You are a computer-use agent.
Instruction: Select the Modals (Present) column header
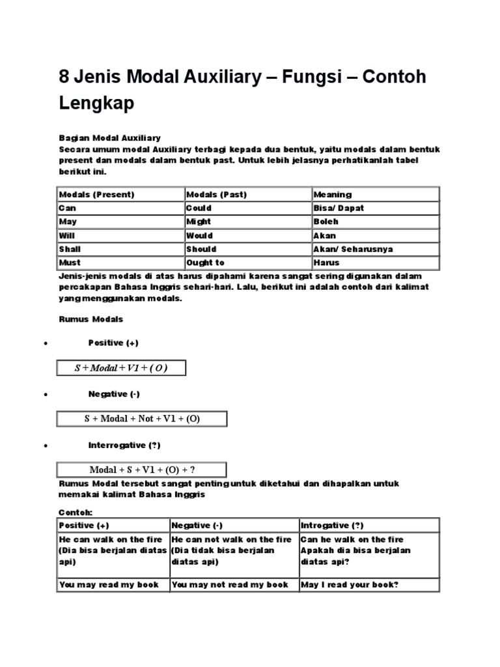point(96,194)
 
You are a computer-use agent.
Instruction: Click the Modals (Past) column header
point(216,194)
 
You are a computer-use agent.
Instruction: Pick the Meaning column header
point(332,194)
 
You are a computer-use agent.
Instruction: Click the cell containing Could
point(199,208)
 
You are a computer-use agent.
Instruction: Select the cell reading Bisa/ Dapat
point(339,208)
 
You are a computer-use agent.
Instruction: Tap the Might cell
point(199,221)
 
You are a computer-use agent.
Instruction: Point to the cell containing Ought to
point(205,263)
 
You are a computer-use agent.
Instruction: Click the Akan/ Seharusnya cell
point(353,249)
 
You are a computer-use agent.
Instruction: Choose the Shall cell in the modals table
point(70,249)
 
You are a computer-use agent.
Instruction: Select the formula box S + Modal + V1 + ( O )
point(121,368)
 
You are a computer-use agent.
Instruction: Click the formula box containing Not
point(142,419)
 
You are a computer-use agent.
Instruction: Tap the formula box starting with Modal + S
point(142,470)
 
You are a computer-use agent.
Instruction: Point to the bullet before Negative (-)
point(44,395)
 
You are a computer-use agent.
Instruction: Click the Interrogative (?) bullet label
point(124,445)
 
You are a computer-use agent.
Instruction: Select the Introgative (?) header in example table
point(332,525)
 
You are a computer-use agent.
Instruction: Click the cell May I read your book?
point(349,584)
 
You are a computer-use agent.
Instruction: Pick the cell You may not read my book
point(230,584)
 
